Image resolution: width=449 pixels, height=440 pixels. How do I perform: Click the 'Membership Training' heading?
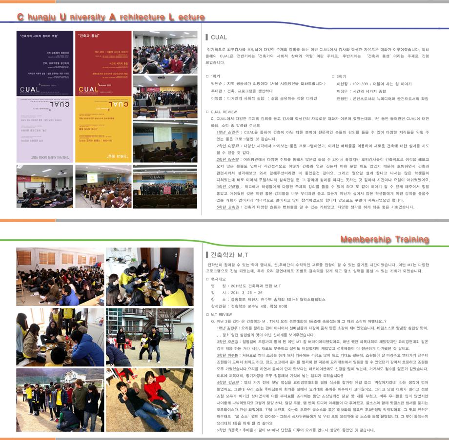pos(385,239)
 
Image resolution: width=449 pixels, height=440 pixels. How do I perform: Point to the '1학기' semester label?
pos(215,77)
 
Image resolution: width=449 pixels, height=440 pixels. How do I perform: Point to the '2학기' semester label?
pos(341,77)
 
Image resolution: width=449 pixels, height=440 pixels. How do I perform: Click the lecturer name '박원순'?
pos(218,84)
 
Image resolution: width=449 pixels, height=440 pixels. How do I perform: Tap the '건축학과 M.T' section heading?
pos(229,255)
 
